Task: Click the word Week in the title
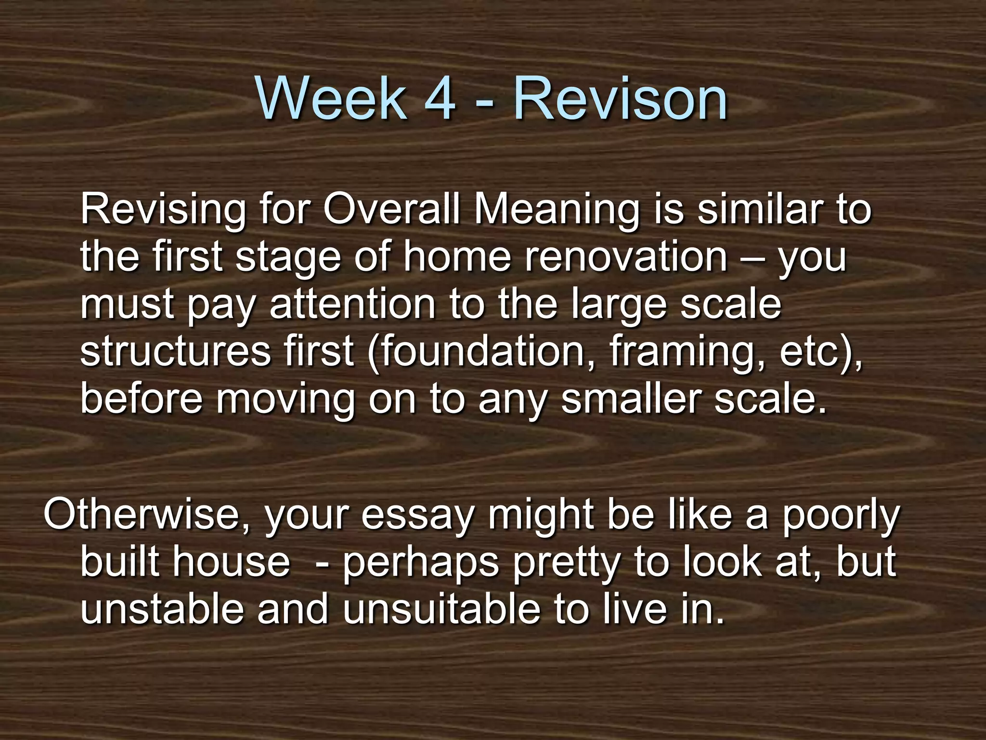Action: point(332,100)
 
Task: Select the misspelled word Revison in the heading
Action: point(621,100)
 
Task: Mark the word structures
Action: point(176,352)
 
